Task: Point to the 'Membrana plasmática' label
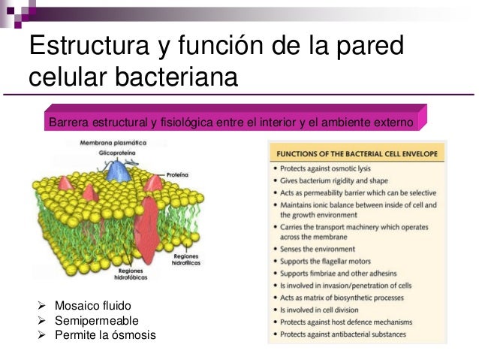(110, 143)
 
